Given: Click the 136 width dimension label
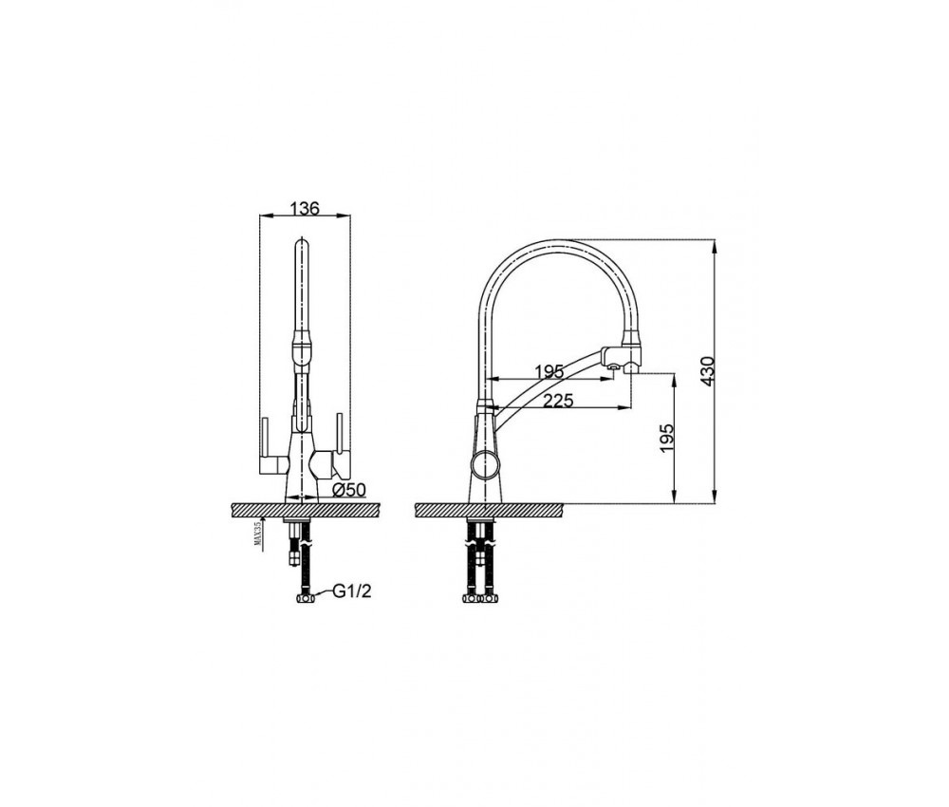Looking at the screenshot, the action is [305, 208].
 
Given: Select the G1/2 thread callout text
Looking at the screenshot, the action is [352, 591].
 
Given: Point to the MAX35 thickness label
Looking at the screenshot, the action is [257, 534].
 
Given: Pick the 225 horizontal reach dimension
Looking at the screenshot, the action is [557, 400].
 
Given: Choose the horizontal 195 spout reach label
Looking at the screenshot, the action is [549, 371].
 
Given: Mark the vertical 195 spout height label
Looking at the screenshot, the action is [666, 438].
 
